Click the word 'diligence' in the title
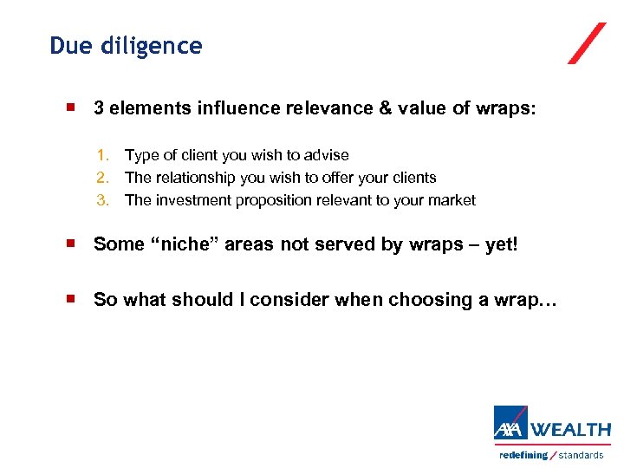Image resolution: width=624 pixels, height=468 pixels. point(153,46)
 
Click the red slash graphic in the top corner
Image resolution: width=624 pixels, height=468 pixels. point(587,43)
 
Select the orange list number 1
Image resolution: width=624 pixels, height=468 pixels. point(102,156)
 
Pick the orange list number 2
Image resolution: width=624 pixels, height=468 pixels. point(102,178)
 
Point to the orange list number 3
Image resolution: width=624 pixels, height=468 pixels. point(102,200)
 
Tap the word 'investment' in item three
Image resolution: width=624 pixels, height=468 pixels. point(190,200)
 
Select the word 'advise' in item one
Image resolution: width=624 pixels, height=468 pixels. point(327,156)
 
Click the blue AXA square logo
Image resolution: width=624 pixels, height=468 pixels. point(510,423)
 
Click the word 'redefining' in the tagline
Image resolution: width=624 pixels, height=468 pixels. point(523,455)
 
